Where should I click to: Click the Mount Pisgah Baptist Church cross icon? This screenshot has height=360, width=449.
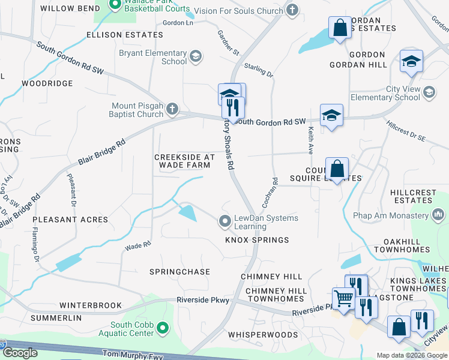point(172,109)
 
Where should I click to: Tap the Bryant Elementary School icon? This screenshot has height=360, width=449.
point(195,57)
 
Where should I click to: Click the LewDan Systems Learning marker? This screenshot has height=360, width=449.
point(225,222)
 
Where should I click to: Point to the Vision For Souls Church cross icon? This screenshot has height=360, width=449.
point(292,10)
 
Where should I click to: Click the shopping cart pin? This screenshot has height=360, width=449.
point(343,298)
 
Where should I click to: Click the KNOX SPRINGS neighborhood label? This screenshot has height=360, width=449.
point(257,240)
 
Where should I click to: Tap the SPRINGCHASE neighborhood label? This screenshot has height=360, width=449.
point(179,272)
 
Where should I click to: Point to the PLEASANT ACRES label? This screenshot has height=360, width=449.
point(70,220)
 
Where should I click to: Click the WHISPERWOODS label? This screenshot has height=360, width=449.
point(263,334)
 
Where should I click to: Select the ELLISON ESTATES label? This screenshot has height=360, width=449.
point(125,35)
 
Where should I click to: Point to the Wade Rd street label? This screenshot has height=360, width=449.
point(137,245)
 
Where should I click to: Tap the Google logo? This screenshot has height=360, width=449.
point(20,353)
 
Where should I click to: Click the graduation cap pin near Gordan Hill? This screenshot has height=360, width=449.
point(412,61)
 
